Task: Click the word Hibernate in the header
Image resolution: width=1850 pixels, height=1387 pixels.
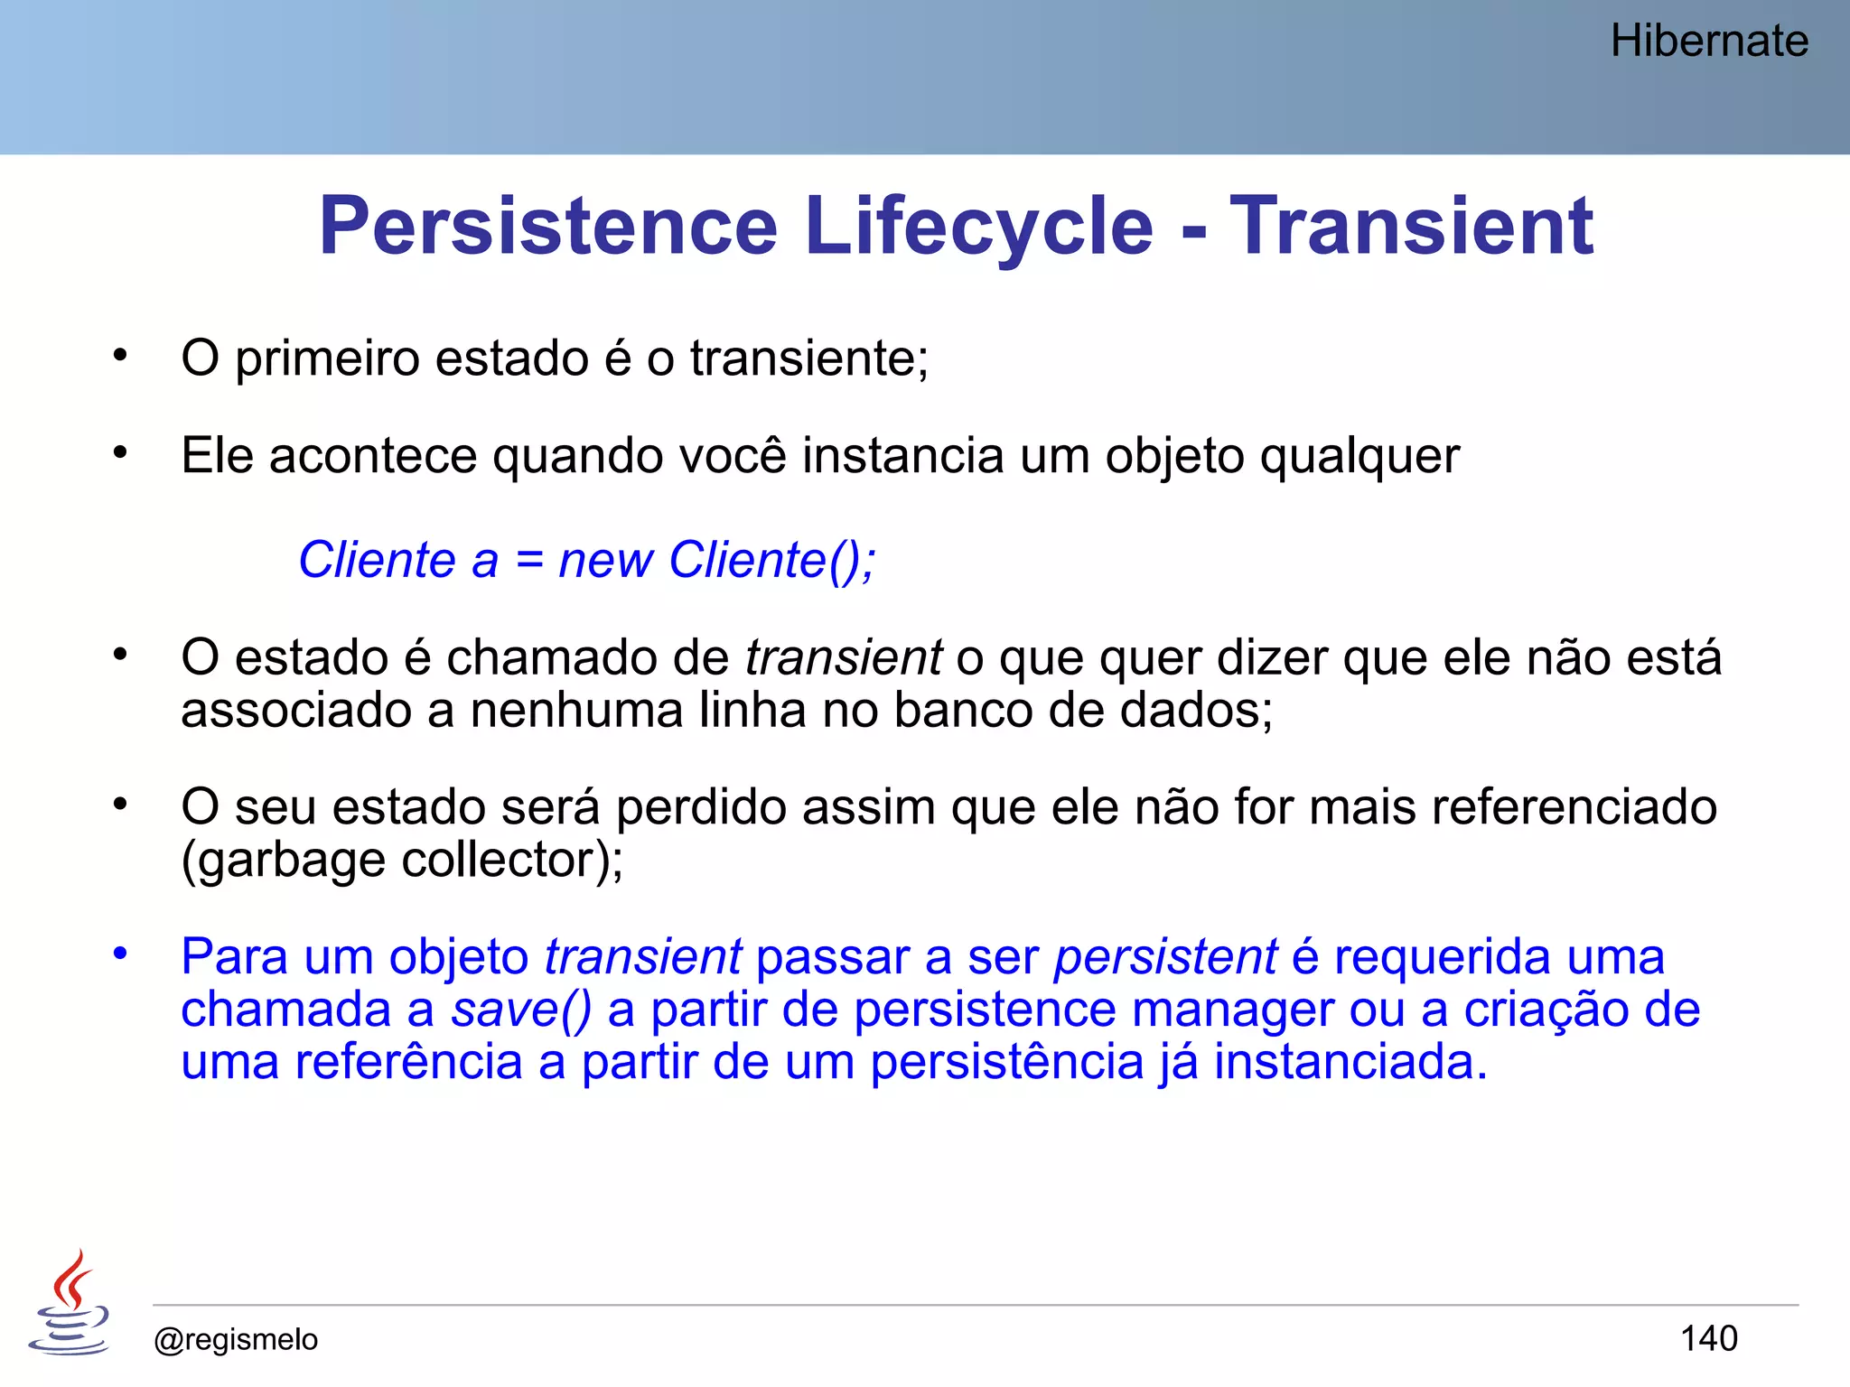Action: tap(1709, 42)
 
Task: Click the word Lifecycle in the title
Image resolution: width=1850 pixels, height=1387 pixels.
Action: tap(979, 226)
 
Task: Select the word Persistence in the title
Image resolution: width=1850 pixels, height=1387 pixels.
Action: tap(548, 226)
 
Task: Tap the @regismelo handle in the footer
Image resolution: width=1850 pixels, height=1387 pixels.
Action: tap(236, 1339)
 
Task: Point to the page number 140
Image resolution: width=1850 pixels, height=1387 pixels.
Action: tap(1708, 1338)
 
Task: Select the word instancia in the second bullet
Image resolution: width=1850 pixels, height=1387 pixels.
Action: tap(902, 455)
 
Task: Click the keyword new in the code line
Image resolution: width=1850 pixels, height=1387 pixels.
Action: tap(605, 561)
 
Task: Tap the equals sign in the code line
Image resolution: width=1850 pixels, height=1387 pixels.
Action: tap(529, 561)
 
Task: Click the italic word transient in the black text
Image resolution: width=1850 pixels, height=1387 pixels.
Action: tap(844, 657)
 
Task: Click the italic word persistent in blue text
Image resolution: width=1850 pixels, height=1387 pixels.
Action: tap(1165, 957)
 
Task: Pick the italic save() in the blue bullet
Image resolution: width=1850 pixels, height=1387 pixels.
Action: tap(521, 1010)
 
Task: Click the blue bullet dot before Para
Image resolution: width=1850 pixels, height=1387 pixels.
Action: tap(120, 953)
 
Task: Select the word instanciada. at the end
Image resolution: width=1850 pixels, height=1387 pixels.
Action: tap(1350, 1062)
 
